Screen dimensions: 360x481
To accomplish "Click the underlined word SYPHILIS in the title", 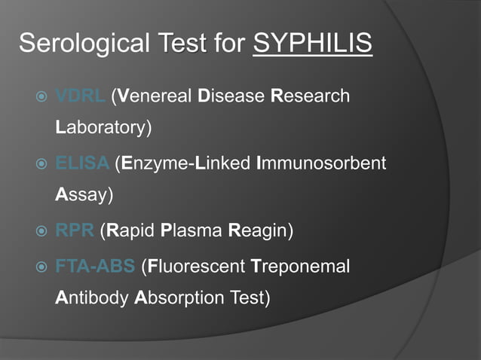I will point(313,44).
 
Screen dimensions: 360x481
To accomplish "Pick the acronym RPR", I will point(75,230).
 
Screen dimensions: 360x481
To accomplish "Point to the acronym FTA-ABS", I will point(96,266).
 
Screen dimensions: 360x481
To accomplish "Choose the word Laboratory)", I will point(105,127).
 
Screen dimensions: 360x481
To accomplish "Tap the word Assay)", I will point(84,194).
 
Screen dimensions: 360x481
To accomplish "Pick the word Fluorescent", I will point(195,266).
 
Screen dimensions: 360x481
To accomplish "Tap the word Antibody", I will point(92,297).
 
